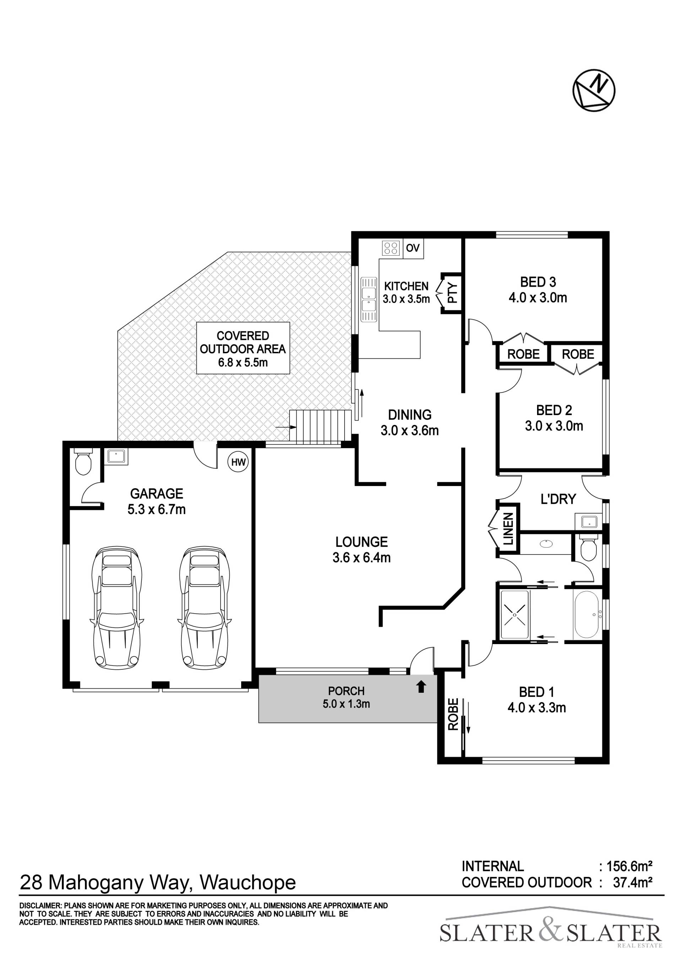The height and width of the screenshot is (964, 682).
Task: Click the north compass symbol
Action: (594, 91)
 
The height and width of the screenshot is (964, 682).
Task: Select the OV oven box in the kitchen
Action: (413, 248)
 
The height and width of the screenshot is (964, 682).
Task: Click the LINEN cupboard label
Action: (509, 529)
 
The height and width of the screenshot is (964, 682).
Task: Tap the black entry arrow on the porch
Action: (421, 686)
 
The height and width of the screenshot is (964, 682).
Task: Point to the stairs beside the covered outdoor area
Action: (320, 426)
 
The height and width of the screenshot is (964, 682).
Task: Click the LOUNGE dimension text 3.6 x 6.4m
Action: (362, 558)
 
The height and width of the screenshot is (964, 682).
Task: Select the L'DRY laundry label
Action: (558, 499)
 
